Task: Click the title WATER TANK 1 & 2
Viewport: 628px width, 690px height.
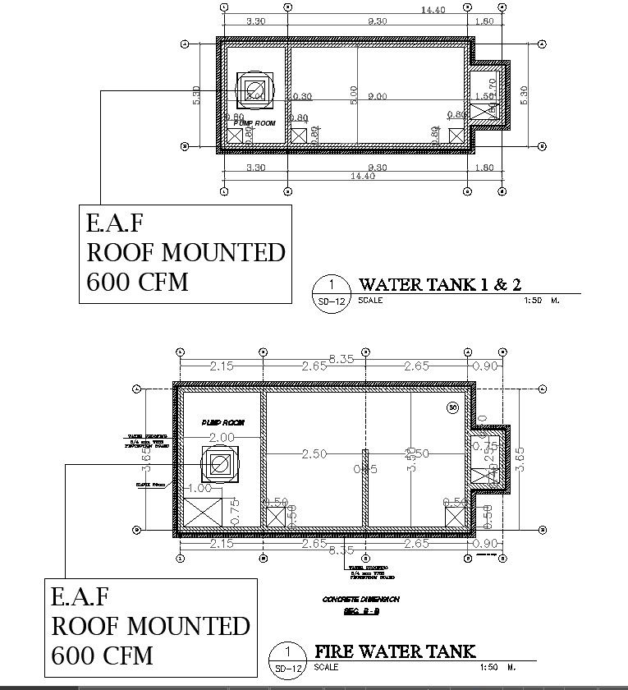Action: (440, 285)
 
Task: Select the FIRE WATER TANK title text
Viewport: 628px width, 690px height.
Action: (396, 651)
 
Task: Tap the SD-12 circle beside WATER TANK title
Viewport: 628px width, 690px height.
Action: (331, 291)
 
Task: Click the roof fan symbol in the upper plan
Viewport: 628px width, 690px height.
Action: (253, 90)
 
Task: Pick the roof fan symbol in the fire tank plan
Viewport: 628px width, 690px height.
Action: (219, 465)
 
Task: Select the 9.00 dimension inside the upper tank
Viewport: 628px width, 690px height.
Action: (377, 97)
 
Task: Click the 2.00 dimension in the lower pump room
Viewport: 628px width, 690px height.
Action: (222, 438)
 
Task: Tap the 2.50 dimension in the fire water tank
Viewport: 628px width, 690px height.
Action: (315, 453)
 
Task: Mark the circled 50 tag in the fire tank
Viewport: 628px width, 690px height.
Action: (452, 407)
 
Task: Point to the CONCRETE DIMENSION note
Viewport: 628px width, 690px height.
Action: (361, 600)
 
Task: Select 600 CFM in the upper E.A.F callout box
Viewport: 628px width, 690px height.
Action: (137, 282)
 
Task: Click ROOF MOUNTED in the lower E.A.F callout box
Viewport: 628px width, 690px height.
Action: (150, 626)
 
